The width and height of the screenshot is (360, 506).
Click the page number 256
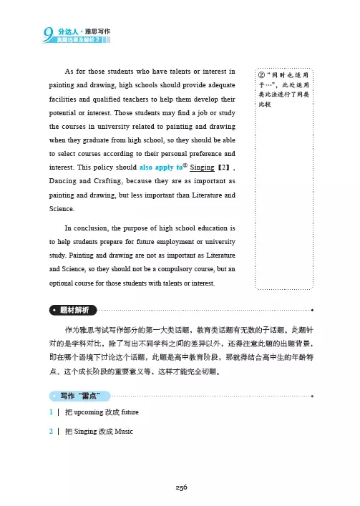pos(180,486)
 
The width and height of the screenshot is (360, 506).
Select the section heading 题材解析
pos(75,311)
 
